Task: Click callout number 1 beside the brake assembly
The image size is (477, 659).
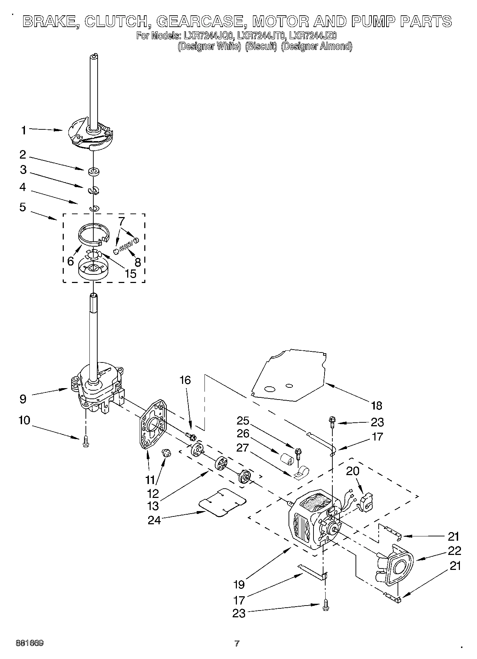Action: [23, 130]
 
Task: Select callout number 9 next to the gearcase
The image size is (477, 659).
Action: [23, 398]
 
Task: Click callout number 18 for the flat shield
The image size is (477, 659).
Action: [376, 405]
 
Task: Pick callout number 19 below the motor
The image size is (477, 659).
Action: [239, 584]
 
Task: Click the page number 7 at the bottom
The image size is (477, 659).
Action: [237, 643]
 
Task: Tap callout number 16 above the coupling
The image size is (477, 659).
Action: [185, 380]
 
